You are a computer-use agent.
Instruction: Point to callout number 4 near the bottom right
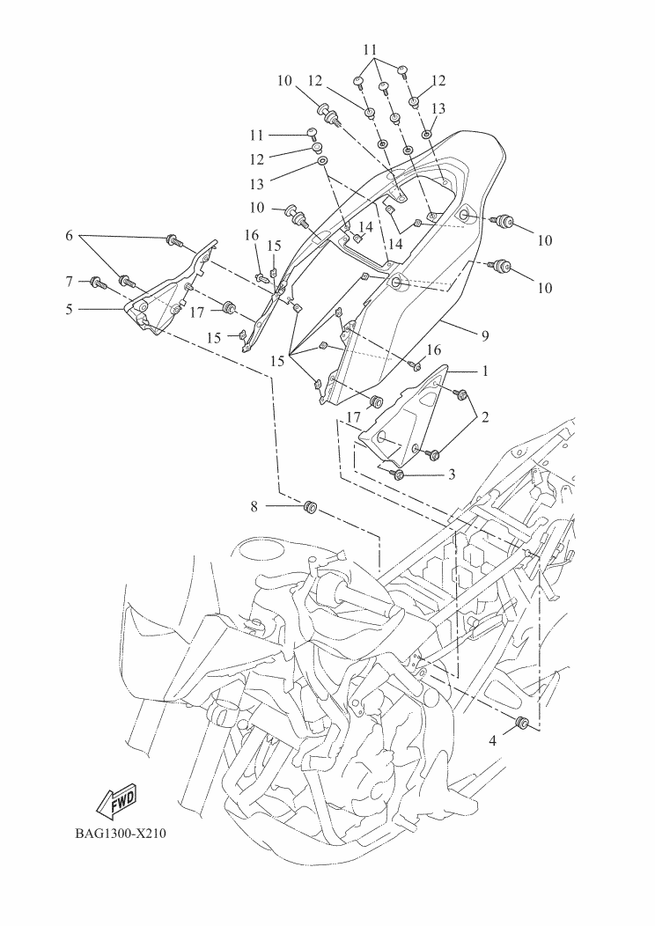[x=493, y=741]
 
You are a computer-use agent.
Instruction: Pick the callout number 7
[x=70, y=281]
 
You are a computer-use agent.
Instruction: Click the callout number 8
[x=254, y=506]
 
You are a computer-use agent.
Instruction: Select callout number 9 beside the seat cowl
[x=484, y=335]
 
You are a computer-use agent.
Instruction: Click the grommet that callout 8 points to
[x=310, y=508]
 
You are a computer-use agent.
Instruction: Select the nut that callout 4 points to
[x=521, y=724]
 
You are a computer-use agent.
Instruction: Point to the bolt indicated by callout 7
[x=97, y=283]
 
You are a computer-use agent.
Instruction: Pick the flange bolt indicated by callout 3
[x=398, y=474]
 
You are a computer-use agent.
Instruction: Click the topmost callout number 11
[x=370, y=48]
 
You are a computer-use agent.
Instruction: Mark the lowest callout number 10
[x=546, y=288]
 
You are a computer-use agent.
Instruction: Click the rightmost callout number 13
[x=438, y=108]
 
